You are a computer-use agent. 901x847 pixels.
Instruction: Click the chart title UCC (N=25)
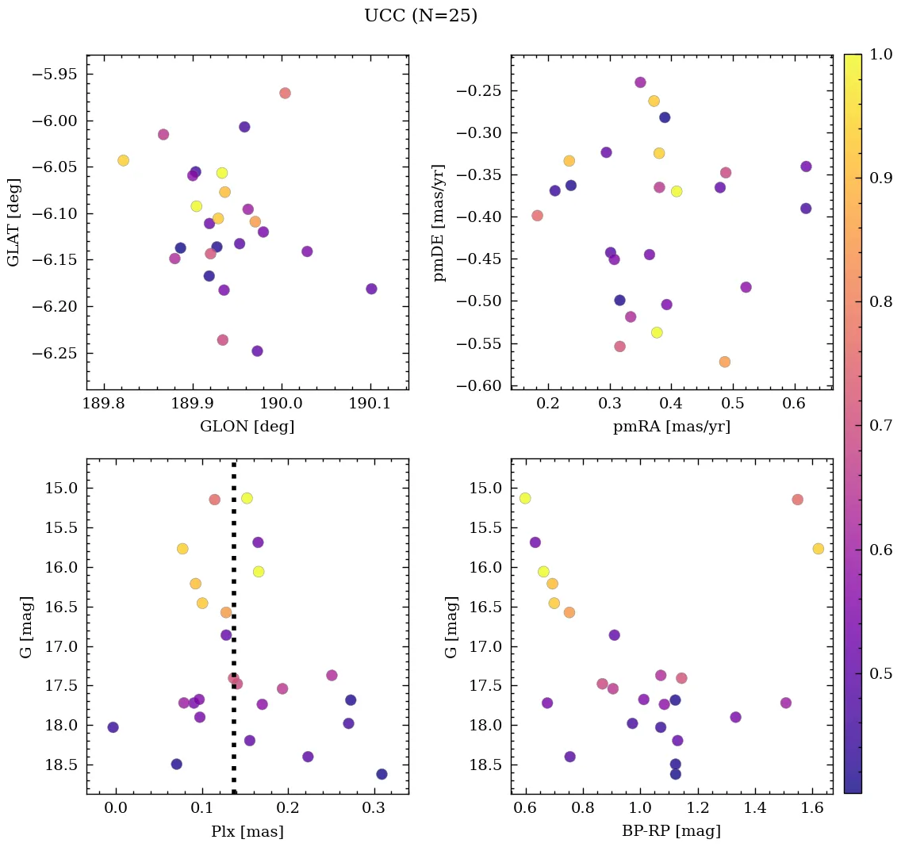pyautogui.click(x=420, y=16)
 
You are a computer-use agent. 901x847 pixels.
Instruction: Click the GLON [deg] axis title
pyautogui.click(x=247, y=427)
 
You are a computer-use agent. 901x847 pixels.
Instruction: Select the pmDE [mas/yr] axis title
pyautogui.click(x=439, y=223)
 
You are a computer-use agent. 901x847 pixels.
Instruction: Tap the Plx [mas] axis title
pyautogui.click(x=247, y=831)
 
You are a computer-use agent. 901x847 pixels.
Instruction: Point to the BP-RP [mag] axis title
pyautogui.click(x=671, y=831)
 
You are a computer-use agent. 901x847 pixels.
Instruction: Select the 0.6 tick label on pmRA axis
pyautogui.click(x=794, y=405)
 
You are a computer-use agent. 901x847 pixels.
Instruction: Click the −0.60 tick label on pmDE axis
pyautogui.click(x=477, y=385)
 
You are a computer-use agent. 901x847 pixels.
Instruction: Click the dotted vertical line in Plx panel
pyautogui.click(x=234, y=634)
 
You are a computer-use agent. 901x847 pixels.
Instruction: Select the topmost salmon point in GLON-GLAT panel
pyautogui.click(x=285, y=93)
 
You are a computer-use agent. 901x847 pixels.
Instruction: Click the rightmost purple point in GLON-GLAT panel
pyautogui.click(x=371, y=289)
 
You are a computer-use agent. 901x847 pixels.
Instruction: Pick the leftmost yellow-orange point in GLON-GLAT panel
pyautogui.click(x=123, y=160)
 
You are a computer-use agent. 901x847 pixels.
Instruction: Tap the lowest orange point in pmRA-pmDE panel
pyautogui.click(x=724, y=362)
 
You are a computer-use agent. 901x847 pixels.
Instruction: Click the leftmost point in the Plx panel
pyautogui.click(x=113, y=727)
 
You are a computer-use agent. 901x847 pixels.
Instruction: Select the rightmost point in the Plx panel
pyautogui.click(x=381, y=774)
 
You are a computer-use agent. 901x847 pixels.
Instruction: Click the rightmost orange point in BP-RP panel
pyautogui.click(x=818, y=549)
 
